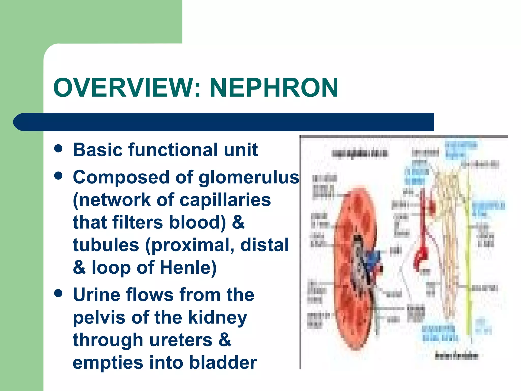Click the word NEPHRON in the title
click(x=274, y=88)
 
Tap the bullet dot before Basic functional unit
click(x=58, y=149)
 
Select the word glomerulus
click(x=249, y=177)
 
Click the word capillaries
click(x=225, y=200)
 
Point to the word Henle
click(x=188, y=268)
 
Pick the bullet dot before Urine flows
click(x=58, y=293)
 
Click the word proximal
click(x=193, y=245)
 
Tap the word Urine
click(x=96, y=295)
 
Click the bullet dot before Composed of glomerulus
click(x=58, y=176)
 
